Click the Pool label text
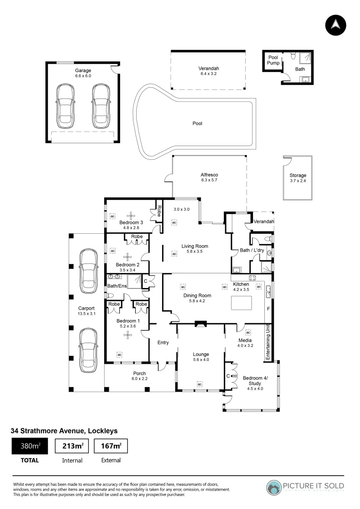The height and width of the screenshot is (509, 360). click(197, 123)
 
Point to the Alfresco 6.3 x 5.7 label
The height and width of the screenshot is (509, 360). click(209, 177)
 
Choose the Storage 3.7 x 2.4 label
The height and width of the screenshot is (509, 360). click(297, 178)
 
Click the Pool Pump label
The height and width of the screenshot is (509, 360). click(273, 60)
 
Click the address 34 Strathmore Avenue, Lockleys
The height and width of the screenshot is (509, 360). click(64, 430)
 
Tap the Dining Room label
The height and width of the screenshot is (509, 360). click(197, 298)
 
